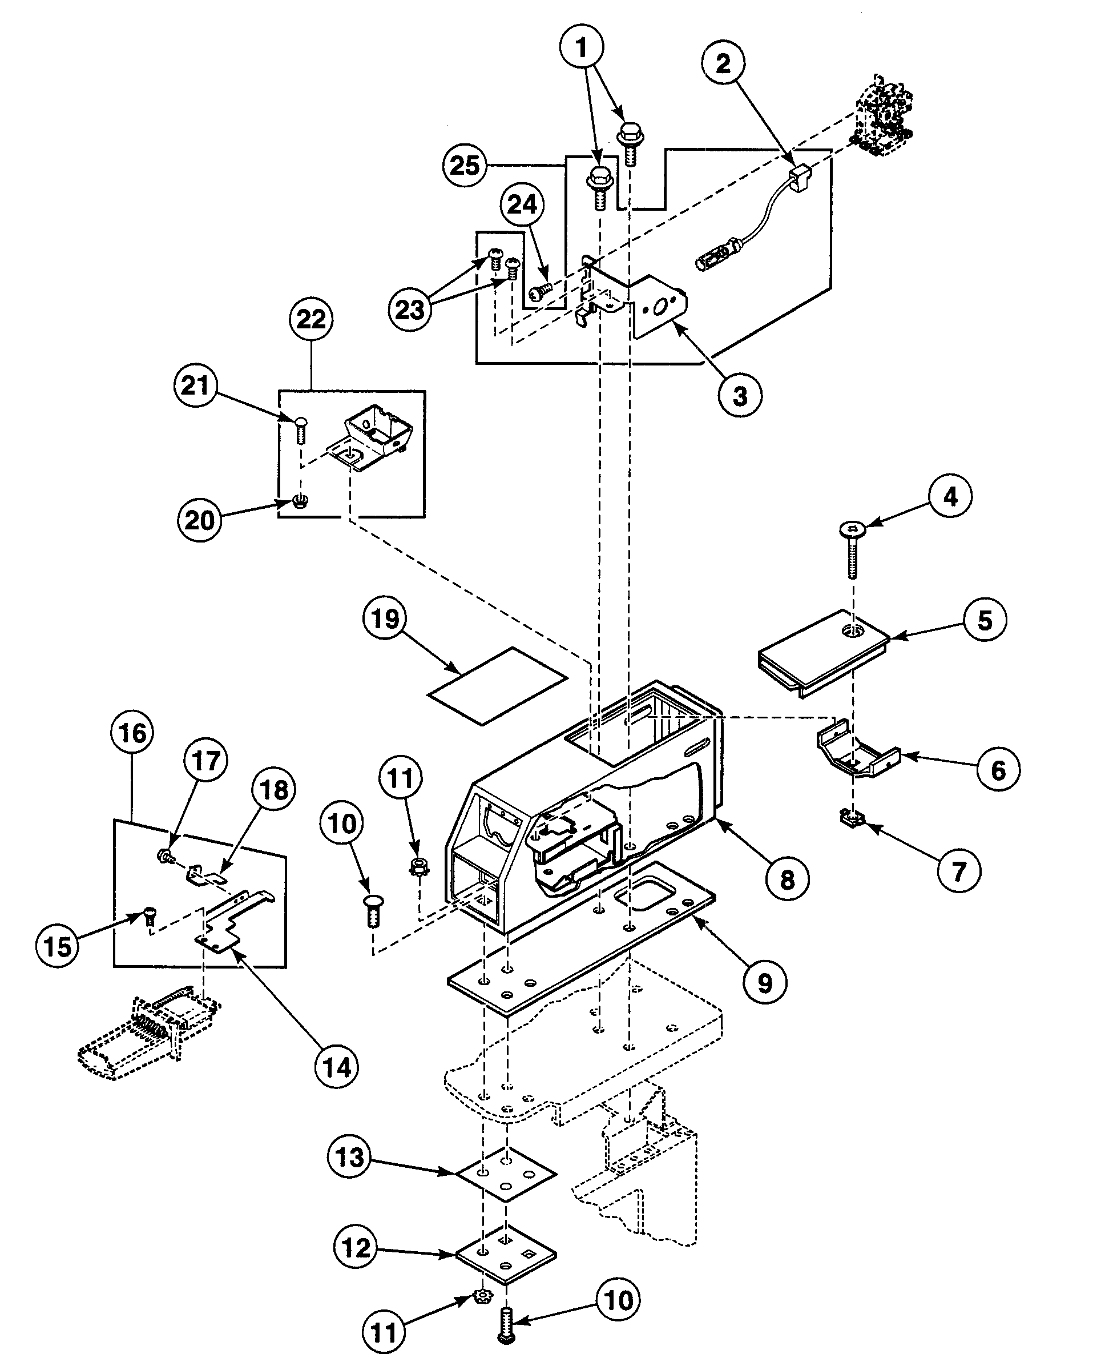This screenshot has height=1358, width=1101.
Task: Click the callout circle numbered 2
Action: (723, 63)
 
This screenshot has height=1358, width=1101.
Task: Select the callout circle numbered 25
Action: (464, 166)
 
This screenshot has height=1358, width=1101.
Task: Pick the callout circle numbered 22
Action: (310, 319)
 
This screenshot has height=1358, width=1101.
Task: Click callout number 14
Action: (337, 1068)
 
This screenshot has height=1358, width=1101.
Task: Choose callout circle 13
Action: (349, 1158)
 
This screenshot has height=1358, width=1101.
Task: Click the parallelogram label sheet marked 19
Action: (498, 685)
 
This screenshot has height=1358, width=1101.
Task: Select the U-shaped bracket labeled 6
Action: (857, 751)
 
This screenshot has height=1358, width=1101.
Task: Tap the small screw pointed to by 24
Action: (540, 291)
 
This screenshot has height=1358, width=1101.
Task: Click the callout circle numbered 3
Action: (740, 395)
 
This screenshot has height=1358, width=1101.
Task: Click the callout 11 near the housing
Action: (400, 778)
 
